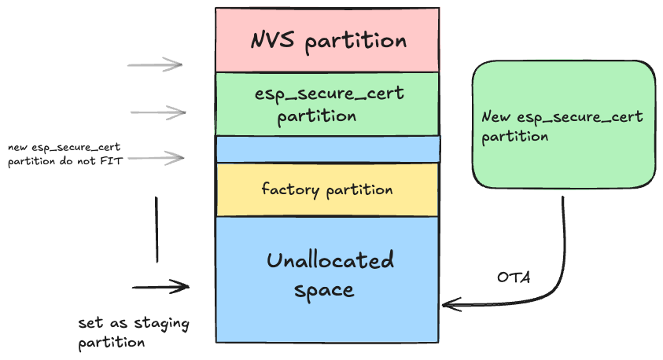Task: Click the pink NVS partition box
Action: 327,39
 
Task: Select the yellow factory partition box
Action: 327,189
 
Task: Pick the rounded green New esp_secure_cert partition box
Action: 563,126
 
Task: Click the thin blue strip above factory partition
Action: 327,149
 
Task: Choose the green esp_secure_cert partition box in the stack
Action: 327,104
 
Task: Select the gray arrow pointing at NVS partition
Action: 155,64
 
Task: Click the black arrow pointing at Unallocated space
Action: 161,287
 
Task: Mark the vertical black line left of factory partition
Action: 157,229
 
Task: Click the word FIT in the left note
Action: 112,161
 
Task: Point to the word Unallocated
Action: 330,260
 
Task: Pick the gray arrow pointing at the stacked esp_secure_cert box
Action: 157,113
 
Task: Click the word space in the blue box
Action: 324,290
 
